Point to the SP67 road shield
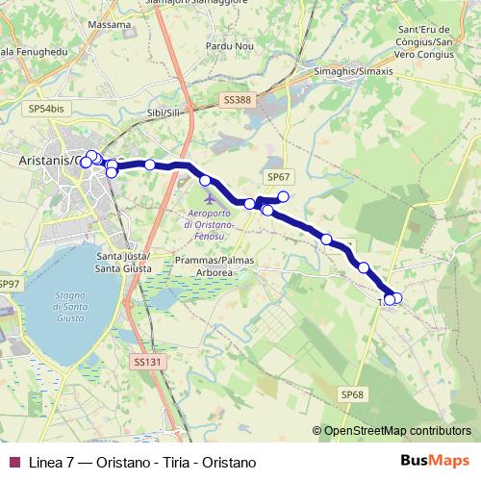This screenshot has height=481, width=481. point(278,177)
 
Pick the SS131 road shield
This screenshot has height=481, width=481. point(143,362)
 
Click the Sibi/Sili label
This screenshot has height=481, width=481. point(163,114)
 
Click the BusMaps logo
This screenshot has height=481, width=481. point(434,462)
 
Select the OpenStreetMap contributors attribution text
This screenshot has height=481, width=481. point(397,431)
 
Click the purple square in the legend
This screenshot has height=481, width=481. point(13,463)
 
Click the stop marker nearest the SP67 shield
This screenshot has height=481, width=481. point(283,197)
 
